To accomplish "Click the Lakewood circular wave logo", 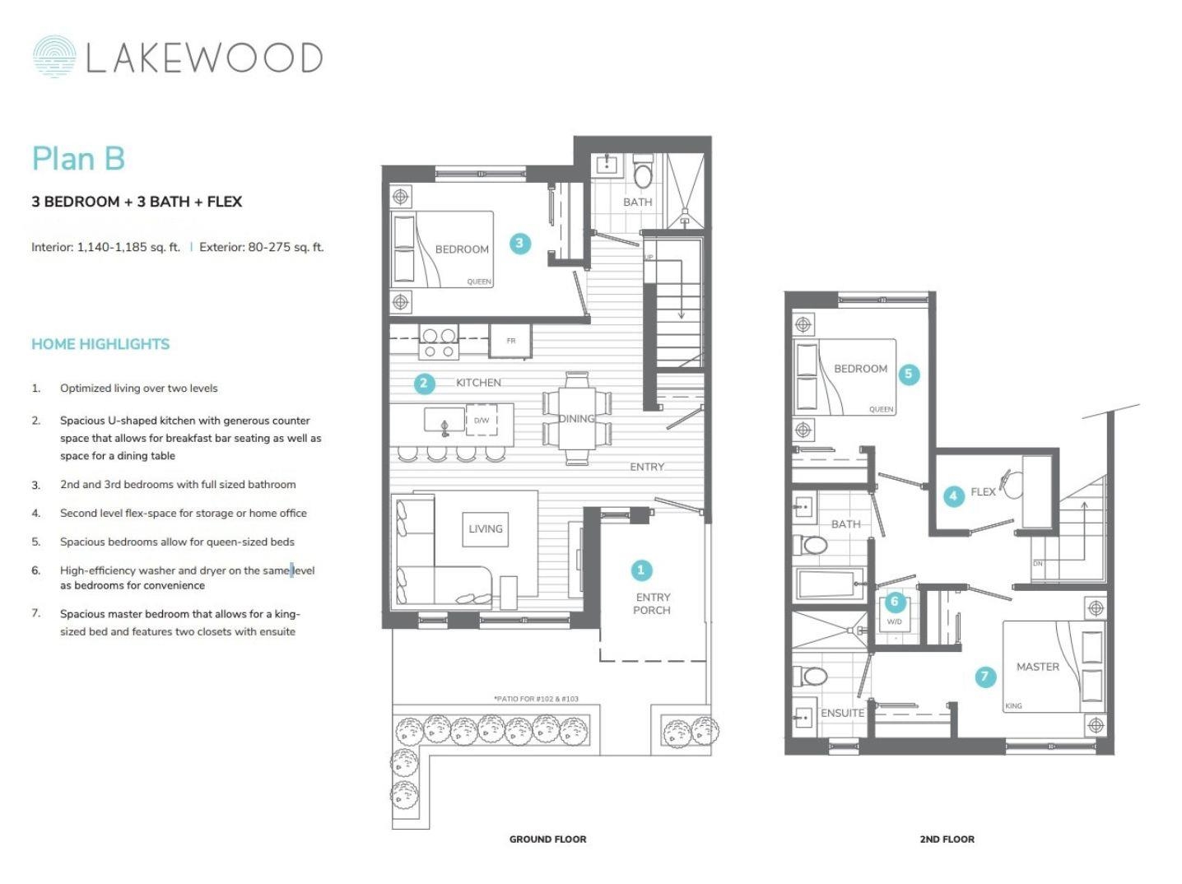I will (54, 57).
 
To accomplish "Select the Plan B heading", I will (78, 159).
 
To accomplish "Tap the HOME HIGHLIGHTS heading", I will (100, 344).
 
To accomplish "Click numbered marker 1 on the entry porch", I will (641, 570).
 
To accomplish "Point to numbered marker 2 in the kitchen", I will (424, 383).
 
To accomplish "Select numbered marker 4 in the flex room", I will (953, 496).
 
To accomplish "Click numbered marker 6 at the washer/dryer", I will (895, 602).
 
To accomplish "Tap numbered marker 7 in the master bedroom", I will (985, 677).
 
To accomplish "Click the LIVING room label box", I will (486, 529).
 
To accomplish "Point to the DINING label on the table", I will (576, 419).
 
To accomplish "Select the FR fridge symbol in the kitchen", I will (510, 341).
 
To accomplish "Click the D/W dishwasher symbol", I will (482, 421).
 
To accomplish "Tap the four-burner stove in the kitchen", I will (438, 343).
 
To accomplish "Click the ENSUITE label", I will (842, 713).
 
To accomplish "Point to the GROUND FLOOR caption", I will (547, 840).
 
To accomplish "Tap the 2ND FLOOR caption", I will (947, 840).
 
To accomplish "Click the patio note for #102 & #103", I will (536, 699).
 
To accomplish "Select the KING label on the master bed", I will (1013, 706).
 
